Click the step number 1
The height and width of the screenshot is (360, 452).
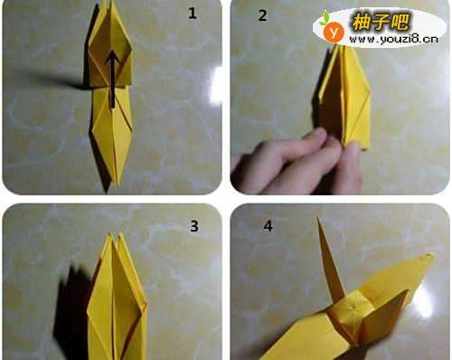coord(193,14)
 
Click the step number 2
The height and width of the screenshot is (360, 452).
coord(262,15)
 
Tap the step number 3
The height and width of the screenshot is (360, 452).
coord(194,226)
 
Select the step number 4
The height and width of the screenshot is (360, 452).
coord(268,226)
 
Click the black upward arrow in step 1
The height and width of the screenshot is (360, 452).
coord(113,79)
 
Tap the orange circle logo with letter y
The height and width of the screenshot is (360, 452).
coord(334,32)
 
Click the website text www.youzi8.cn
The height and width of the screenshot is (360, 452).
coord(393,39)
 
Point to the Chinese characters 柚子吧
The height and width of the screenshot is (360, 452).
coord(381,22)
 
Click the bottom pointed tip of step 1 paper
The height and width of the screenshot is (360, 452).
coord(107,192)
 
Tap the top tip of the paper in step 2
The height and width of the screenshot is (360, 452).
coord(336,45)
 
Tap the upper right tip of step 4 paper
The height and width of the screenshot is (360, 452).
coord(431,256)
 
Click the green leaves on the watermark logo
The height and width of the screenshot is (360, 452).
coord(325,18)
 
